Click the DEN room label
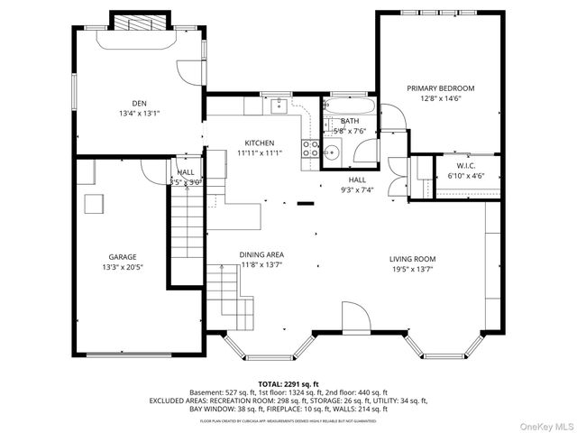pos(139,104)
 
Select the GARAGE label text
pos(123,256)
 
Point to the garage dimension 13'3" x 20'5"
pos(123,267)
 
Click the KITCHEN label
pos(260,143)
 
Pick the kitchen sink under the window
pos(279,107)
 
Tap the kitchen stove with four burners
pos(310,149)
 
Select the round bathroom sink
pos(332,152)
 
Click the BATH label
pos(349,120)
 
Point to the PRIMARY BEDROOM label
pos(440,88)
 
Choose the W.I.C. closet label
pos(465,166)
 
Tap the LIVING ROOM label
pos(413,257)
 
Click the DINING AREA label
pos(261,255)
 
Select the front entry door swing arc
pos(354,318)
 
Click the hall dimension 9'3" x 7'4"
pos(357,190)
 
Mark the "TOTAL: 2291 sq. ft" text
pos(288,384)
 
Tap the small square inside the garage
pos(94,204)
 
